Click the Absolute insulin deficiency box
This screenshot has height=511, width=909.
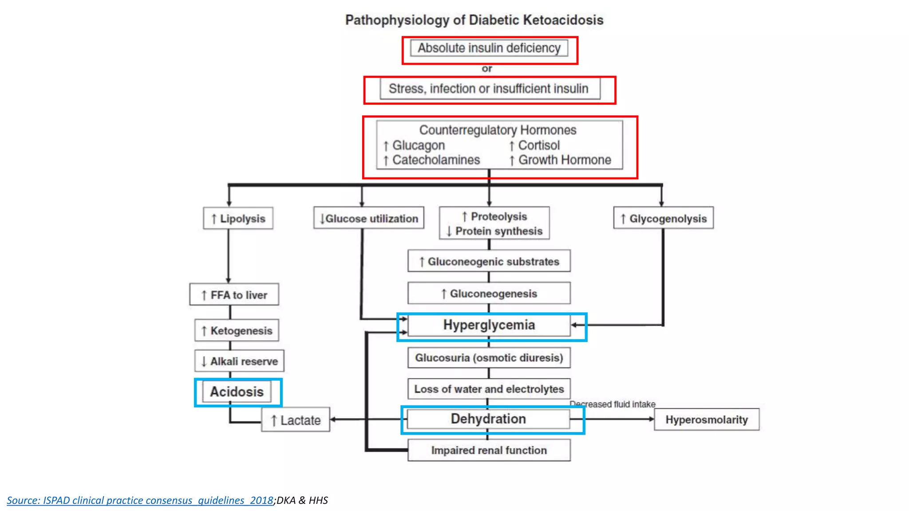[x=489, y=48]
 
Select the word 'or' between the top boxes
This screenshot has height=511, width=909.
[x=487, y=69]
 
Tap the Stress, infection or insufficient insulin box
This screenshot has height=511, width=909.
[x=489, y=89]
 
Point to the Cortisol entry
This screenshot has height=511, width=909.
[x=538, y=145]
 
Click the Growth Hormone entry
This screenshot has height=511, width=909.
[x=564, y=160]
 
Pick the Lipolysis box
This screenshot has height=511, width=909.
[x=238, y=218]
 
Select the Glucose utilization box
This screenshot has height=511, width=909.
[x=369, y=218]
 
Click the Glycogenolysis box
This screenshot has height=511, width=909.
[x=664, y=218]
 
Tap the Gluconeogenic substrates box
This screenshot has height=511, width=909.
[x=489, y=262]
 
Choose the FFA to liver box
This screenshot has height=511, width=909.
[x=234, y=295]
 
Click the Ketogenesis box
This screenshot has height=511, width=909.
[x=237, y=330]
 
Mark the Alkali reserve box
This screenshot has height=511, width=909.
[x=239, y=362]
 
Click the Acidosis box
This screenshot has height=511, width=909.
[x=237, y=392]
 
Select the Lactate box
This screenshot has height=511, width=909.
[x=296, y=420]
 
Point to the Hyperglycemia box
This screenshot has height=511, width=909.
[x=489, y=325]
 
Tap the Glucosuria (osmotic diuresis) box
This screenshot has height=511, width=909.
[x=489, y=358]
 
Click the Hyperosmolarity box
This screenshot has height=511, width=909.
[x=706, y=420]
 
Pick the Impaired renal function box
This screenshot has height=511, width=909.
[x=489, y=450]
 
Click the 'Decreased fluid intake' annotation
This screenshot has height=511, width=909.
[x=613, y=404]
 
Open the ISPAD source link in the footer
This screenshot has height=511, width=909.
[x=140, y=500]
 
